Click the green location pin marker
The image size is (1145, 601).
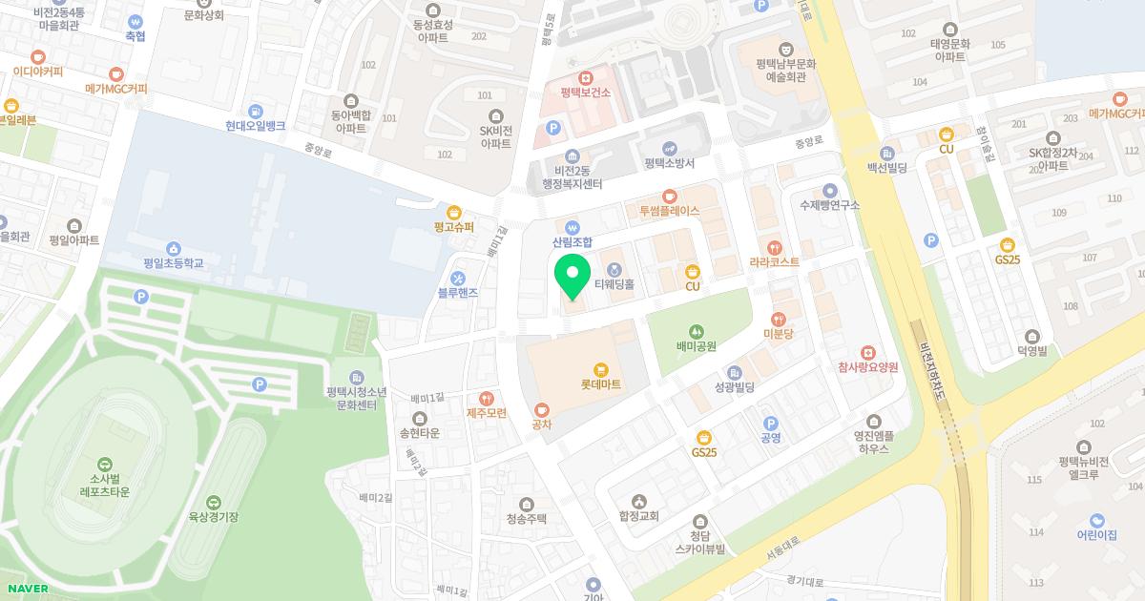(x=572, y=276)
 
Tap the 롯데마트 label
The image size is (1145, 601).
(x=601, y=383)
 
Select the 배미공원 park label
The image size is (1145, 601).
(x=696, y=346)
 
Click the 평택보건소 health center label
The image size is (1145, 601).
(x=585, y=93)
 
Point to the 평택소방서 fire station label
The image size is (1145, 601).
(x=668, y=163)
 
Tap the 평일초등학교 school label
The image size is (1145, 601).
(x=174, y=262)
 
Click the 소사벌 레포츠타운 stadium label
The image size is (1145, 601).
(x=97, y=486)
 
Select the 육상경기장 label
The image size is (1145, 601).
(x=213, y=517)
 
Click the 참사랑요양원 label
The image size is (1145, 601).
(x=867, y=367)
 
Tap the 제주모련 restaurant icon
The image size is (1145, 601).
(x=487, y=398)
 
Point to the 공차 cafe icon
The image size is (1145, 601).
(x=542, y=409)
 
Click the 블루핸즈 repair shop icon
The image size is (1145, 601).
(x=458, y=278)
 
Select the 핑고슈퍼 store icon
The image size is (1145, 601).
(x=454, y=212)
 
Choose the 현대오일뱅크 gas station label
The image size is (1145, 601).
(x=255, y=125)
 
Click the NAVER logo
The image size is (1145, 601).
(x=26, y=589)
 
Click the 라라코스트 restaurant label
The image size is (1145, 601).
(x=774, y=261)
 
